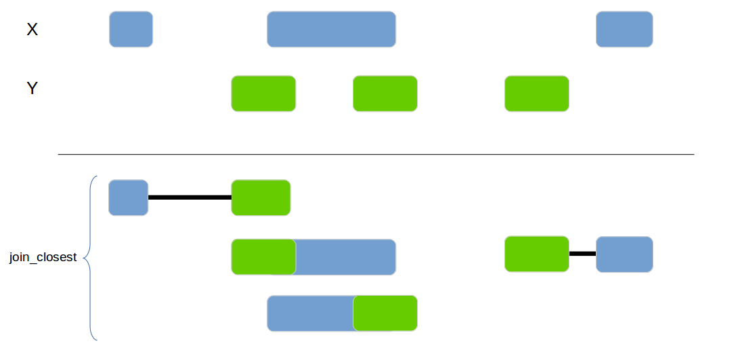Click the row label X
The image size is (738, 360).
click(x=32, y=29)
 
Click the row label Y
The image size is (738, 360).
click(x=32, y=88)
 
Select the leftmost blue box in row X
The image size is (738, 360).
click(x=131, y=29)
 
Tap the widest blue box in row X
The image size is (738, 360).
click(x=331, y=29)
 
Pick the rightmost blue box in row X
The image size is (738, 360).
click(x=624, y=29)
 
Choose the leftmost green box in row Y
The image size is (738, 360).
click(x=263, y=93)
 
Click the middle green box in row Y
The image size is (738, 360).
click(x=385, y=93)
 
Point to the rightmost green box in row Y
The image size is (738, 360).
click(x=536, y=93)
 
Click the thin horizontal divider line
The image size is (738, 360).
click(x=376, y=154)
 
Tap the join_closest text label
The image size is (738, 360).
click(x=43, y=257)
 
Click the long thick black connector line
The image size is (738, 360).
click(x=190, y=198)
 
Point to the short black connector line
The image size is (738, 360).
click(x=582, y=254)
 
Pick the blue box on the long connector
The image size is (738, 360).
click(x=128, y=198)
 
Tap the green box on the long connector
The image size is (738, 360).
click(x=261, y=198)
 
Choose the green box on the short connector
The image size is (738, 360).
click(x=536, y=254)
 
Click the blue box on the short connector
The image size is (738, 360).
click(x=624, y=254)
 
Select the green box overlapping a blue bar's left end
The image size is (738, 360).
click(x=263, y=257)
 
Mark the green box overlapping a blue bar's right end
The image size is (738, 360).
click(x=385, y=313)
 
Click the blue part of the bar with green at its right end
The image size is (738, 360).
click(x=310, y=313)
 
